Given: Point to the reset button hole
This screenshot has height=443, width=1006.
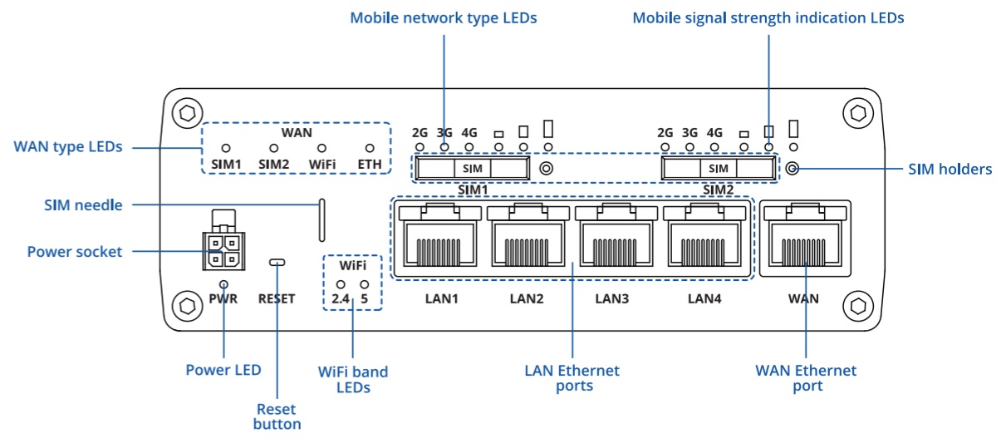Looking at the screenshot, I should [277, 263].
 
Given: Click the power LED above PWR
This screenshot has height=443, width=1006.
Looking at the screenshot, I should [224, 283].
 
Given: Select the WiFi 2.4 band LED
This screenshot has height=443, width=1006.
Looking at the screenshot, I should [341, 284].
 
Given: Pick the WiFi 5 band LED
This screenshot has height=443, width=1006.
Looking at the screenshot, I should [364, 284].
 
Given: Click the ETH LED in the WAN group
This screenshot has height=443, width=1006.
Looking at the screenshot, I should [370, 148].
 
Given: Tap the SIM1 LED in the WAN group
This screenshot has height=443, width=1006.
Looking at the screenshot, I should [226, 148].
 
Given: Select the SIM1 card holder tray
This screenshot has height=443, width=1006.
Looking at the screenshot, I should [471, 169].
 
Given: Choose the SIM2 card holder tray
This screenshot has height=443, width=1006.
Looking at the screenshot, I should [718, 169].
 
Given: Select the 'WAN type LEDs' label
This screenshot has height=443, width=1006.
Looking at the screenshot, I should [68, 147].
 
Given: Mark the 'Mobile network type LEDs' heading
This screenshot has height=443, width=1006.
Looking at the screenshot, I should [443, 17].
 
